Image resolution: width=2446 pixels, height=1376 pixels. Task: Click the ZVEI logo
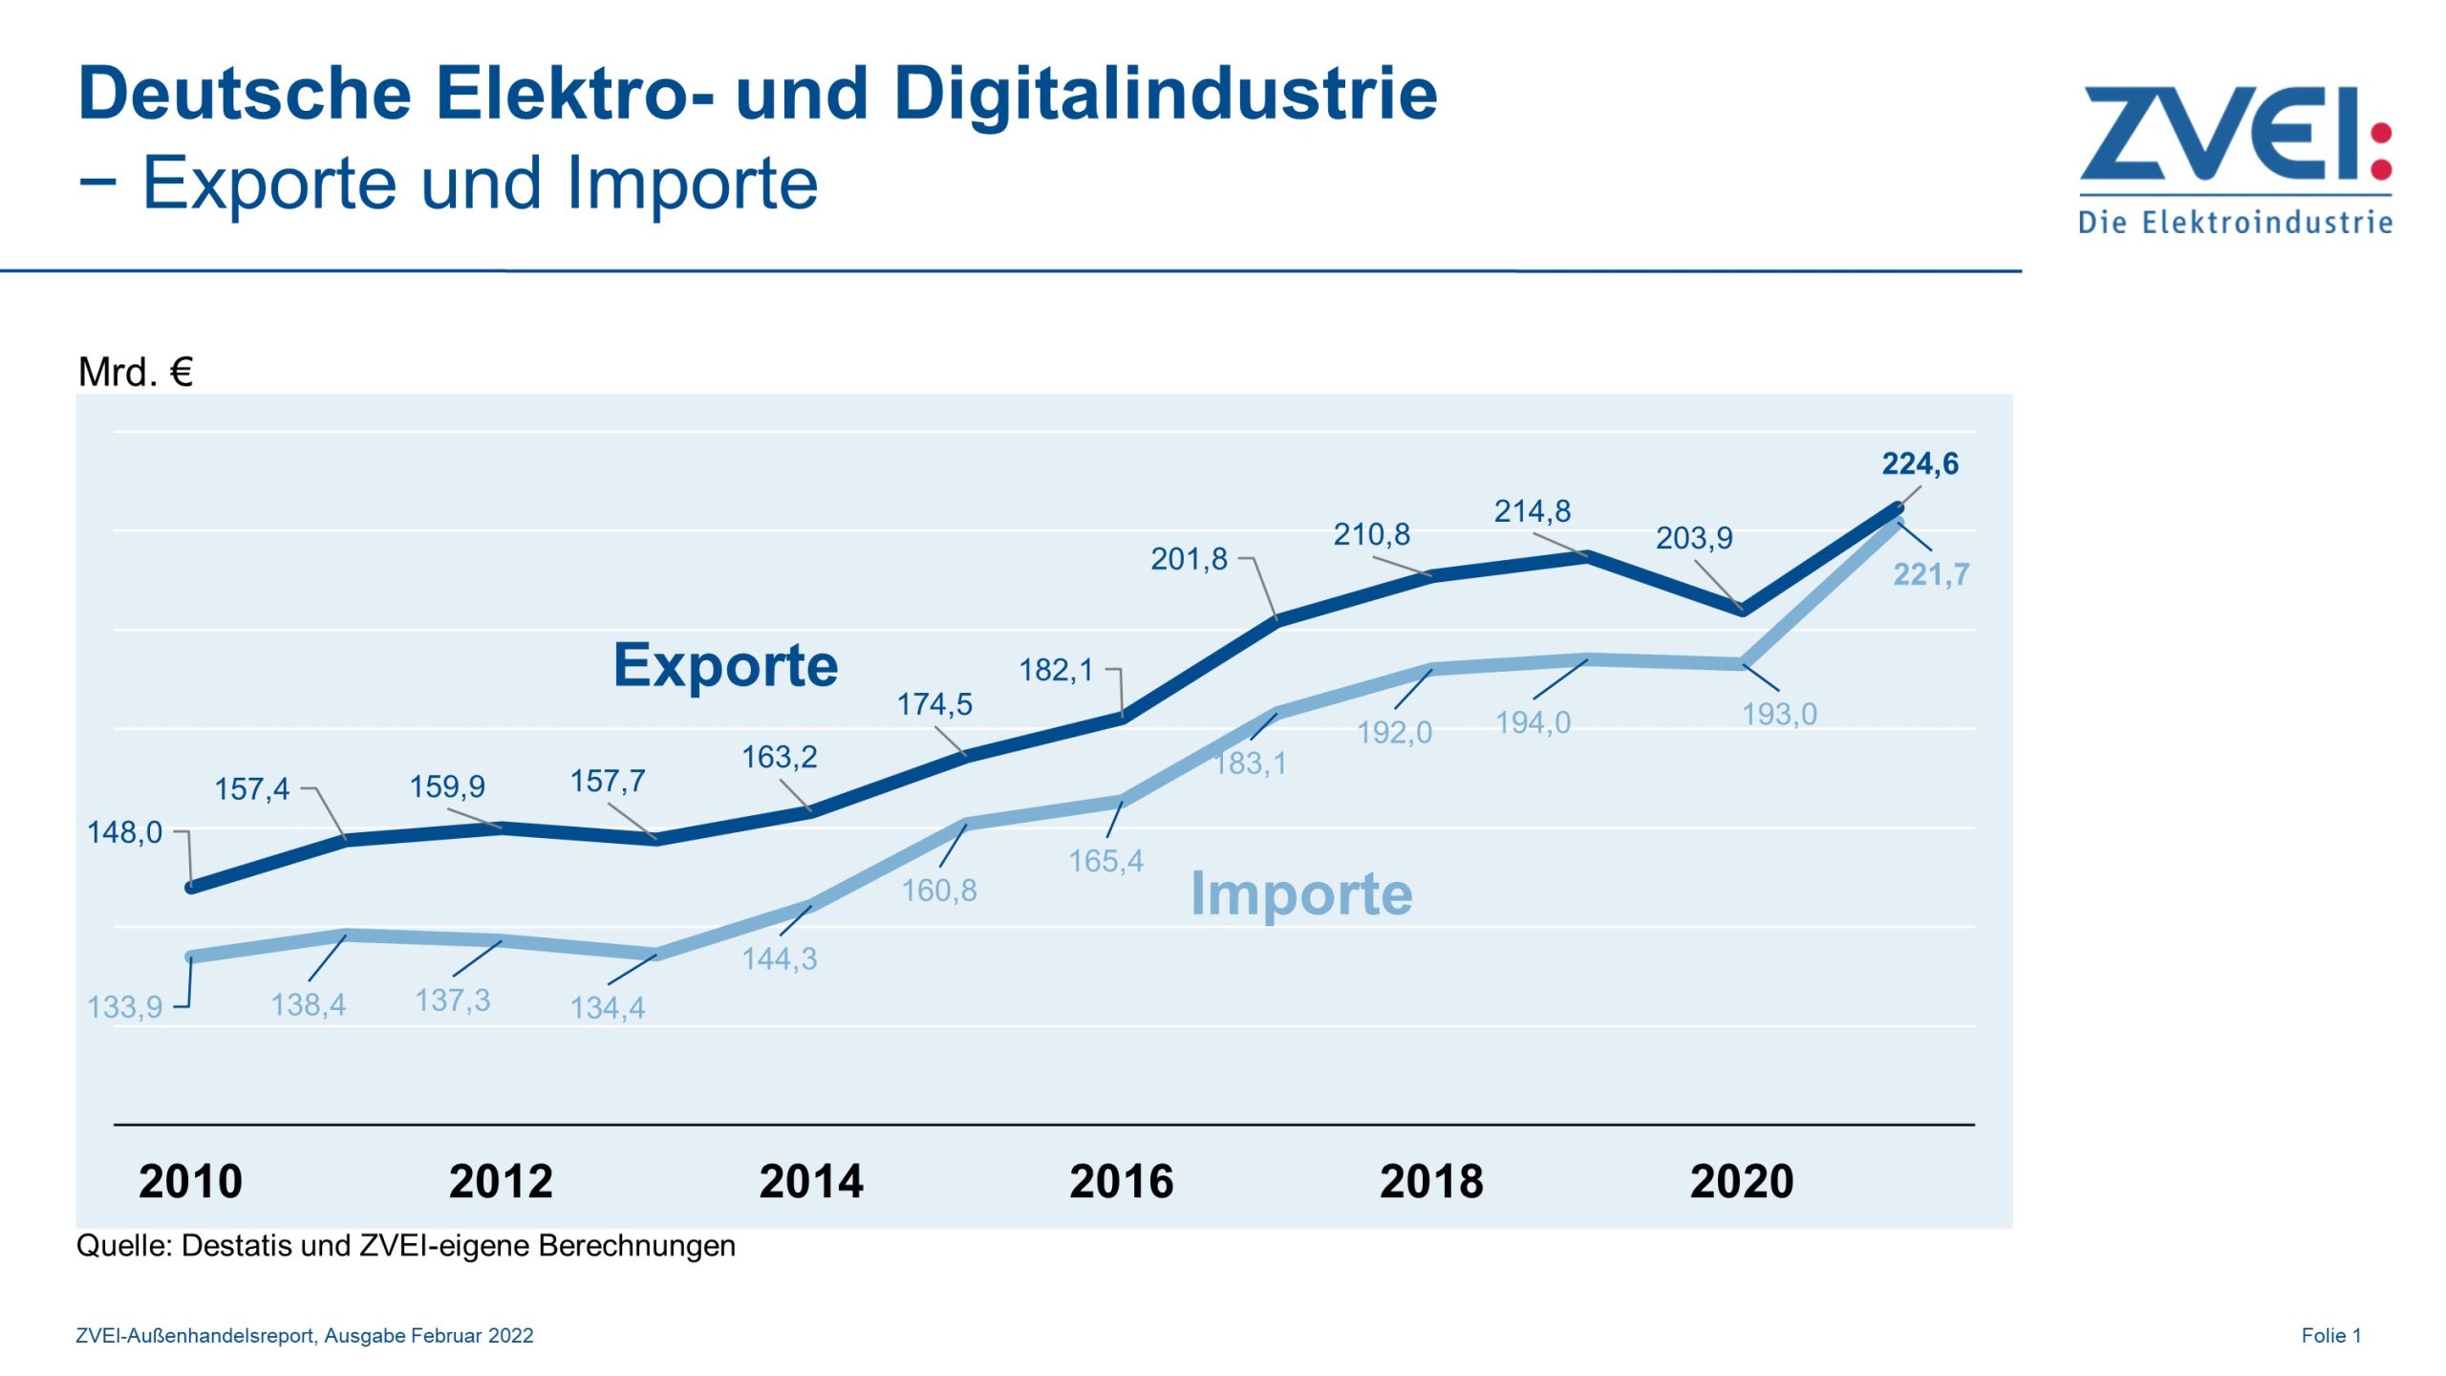(2236, 158)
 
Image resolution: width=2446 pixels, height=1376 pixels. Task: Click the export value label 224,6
(1920, 464)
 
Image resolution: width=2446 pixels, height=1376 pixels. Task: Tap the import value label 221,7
(1931, 574)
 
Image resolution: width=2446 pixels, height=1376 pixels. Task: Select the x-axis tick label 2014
(810, 1181)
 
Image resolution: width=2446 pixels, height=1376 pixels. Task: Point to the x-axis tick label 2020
(1741, 1181)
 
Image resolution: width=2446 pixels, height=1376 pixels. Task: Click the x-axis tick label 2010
(190, 1181)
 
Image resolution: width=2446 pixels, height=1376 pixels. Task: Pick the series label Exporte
(725, 665)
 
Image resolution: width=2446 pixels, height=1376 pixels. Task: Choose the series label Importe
(1300, 893)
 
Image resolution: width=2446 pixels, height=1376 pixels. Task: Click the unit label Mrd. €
(135, 372)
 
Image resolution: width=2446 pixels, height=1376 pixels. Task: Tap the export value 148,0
(124, 832)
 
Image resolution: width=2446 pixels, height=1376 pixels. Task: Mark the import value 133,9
(124, 1007)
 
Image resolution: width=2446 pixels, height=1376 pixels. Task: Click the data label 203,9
(1693, 538)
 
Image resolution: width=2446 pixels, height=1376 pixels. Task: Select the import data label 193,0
(1778, 714)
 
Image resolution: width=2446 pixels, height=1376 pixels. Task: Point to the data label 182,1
(1055, 670)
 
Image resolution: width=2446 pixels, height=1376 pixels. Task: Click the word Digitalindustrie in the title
(1165, 95)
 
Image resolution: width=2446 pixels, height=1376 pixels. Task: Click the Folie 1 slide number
(2330, 1336)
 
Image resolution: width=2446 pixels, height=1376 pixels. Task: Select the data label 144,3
(779, 958)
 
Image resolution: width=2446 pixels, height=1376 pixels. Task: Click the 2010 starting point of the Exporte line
(190, 888)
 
